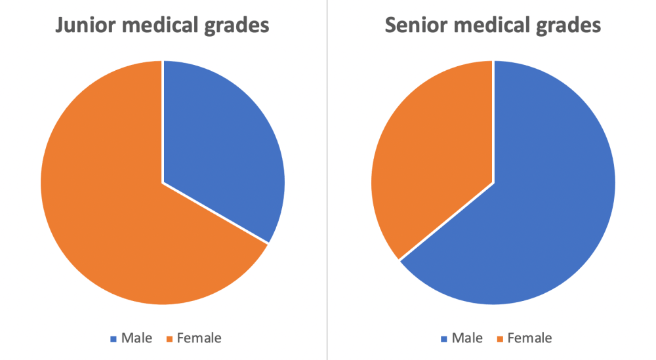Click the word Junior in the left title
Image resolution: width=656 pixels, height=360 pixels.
83,26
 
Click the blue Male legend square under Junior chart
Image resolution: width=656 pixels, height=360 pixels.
114,339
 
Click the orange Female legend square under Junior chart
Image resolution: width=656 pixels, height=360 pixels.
170,339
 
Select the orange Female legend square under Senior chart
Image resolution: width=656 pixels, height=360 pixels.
501,339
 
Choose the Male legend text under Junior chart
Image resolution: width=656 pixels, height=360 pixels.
136,338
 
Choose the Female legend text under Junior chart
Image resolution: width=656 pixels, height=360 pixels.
199,338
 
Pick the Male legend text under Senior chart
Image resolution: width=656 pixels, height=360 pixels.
467,338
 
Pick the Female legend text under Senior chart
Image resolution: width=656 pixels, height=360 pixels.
530,338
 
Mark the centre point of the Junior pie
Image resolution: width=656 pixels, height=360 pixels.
163,182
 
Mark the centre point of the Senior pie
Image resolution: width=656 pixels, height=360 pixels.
493,182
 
